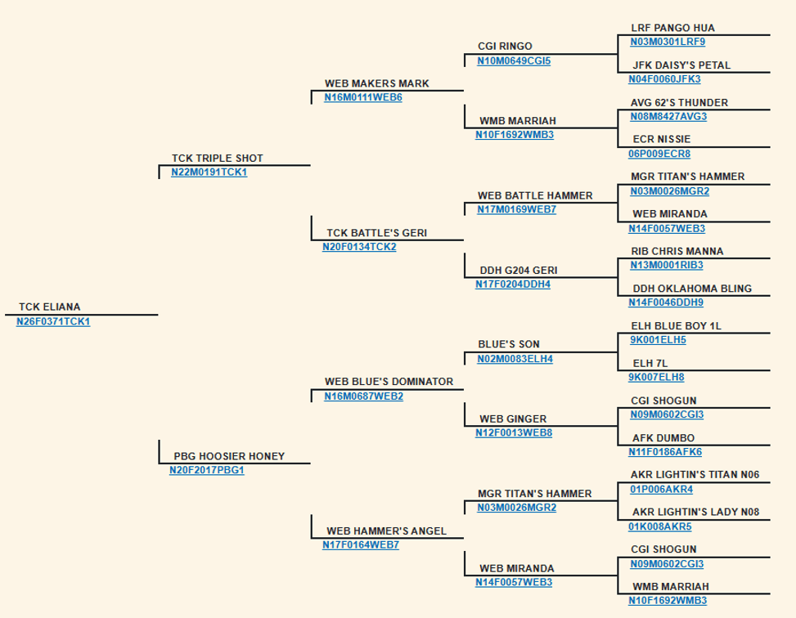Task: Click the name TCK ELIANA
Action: (50, 307)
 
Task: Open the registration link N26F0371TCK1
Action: (53, 322)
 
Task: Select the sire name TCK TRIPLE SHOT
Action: (218, 159)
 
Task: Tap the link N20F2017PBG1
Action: (207, 470)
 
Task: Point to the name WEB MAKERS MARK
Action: (376, 83)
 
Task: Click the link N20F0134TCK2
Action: (359, 247)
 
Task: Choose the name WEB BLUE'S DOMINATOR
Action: (389, 382)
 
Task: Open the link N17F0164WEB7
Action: (361, 545)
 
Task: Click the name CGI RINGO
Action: (505, 46)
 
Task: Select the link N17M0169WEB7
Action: (517, 209)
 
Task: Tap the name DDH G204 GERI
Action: (519, 271)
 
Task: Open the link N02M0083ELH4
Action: (515, 359)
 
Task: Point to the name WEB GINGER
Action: (513, 419)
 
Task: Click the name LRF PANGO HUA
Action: (673, 28)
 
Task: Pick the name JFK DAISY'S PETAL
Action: (681, 65)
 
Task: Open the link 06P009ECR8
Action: (659, 154)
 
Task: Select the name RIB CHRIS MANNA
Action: (677, 251)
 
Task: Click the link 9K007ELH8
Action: (656, 378)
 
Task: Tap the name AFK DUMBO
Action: (663, 438)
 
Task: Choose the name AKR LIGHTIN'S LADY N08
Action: (696, 512)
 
